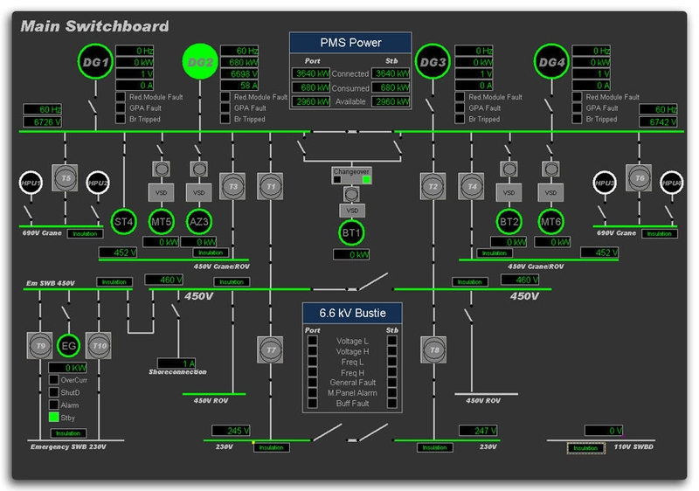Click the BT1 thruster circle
tap(352, 234)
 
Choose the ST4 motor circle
tap(125, 221)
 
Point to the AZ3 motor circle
tap(200, 221)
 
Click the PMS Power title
tap(350, 43)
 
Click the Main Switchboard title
tap(94, 27)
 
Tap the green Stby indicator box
tap(53, 418)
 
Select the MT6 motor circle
tap(550, 221)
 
